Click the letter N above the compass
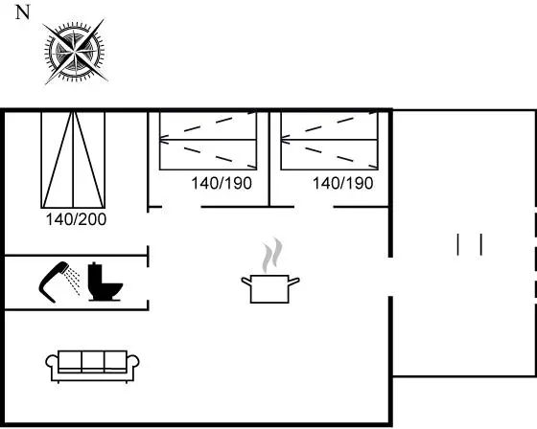pyautogui.click(x=23, y=12)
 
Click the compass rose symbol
pyautogui.click(x=75, y=52)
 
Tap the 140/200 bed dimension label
pyautogui.click(x=76, y=219)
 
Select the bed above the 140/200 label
pyautogui.click(x=73, y=159)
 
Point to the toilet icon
pyautogui.click(x=105, y=282)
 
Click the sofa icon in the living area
pyautogui.click(x=92, y=367)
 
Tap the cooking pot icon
pyautogui.click(x=269, y=288)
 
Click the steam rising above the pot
pyautogui.click(x=272, y=255)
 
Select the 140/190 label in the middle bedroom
pyautogui.click(x=222, y=183)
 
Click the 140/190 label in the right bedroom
pyautogui.click(x=343, y=183)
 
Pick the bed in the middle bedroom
pyautogui.click(x=208, y=140)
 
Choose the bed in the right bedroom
pyautogui.click(x=329, y=140)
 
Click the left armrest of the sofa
pyautogui.click(x=52, y=362)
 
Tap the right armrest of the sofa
pyautogui.click(x=133, y=362)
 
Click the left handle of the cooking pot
pyautogui.click(x=246, y=282)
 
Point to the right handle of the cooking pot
pyautogui.click(x=294, y=282)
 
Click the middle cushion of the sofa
pyautogui.click(x=93, y=361)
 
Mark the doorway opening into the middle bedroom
pyautogui.click(x=181, y=207)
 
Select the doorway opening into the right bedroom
pyautogui.click(x=314, y=207)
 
